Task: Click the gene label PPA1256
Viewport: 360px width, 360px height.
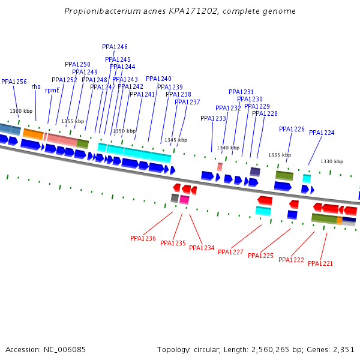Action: click(14, 82)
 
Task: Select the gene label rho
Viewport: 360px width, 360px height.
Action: click(36, 87)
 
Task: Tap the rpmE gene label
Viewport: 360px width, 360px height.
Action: click(52, 90)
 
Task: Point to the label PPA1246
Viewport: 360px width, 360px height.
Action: click(115, 47)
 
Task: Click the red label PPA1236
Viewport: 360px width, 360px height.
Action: click(143, 238)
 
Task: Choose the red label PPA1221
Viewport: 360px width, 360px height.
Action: click(320, 263)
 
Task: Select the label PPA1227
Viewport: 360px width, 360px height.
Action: click(230, 252)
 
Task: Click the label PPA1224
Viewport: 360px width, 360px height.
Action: click(322, 133)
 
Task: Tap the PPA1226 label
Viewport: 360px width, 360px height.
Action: click(292, 129)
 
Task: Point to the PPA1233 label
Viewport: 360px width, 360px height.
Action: click(213, 118)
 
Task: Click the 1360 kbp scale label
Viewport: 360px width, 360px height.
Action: click(21, 111)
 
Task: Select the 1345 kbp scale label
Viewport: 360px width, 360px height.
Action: click(176, 140)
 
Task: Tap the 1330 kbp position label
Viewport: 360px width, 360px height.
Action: click(332, 161)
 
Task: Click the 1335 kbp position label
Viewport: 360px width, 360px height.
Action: click(280, 155)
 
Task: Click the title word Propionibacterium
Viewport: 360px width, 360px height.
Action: click(100, 11)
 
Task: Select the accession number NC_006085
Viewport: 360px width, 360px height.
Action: click(64, 349)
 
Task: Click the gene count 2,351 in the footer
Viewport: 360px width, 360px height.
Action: click(343, 349)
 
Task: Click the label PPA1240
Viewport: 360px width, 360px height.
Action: click(158, 79)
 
